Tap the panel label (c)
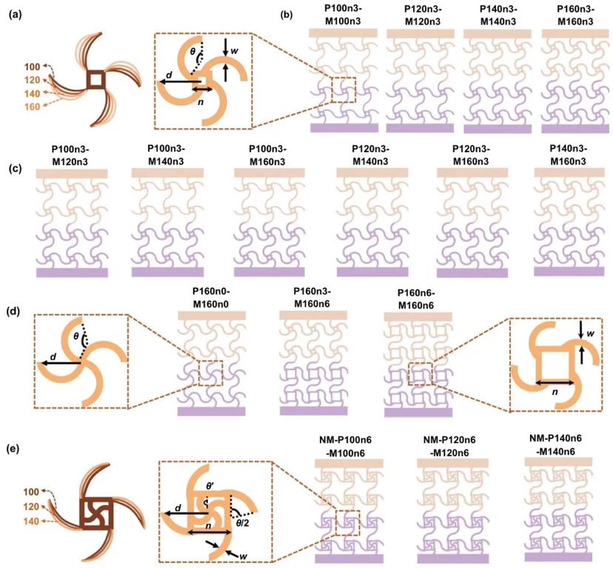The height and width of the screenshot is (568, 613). (15, 169)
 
